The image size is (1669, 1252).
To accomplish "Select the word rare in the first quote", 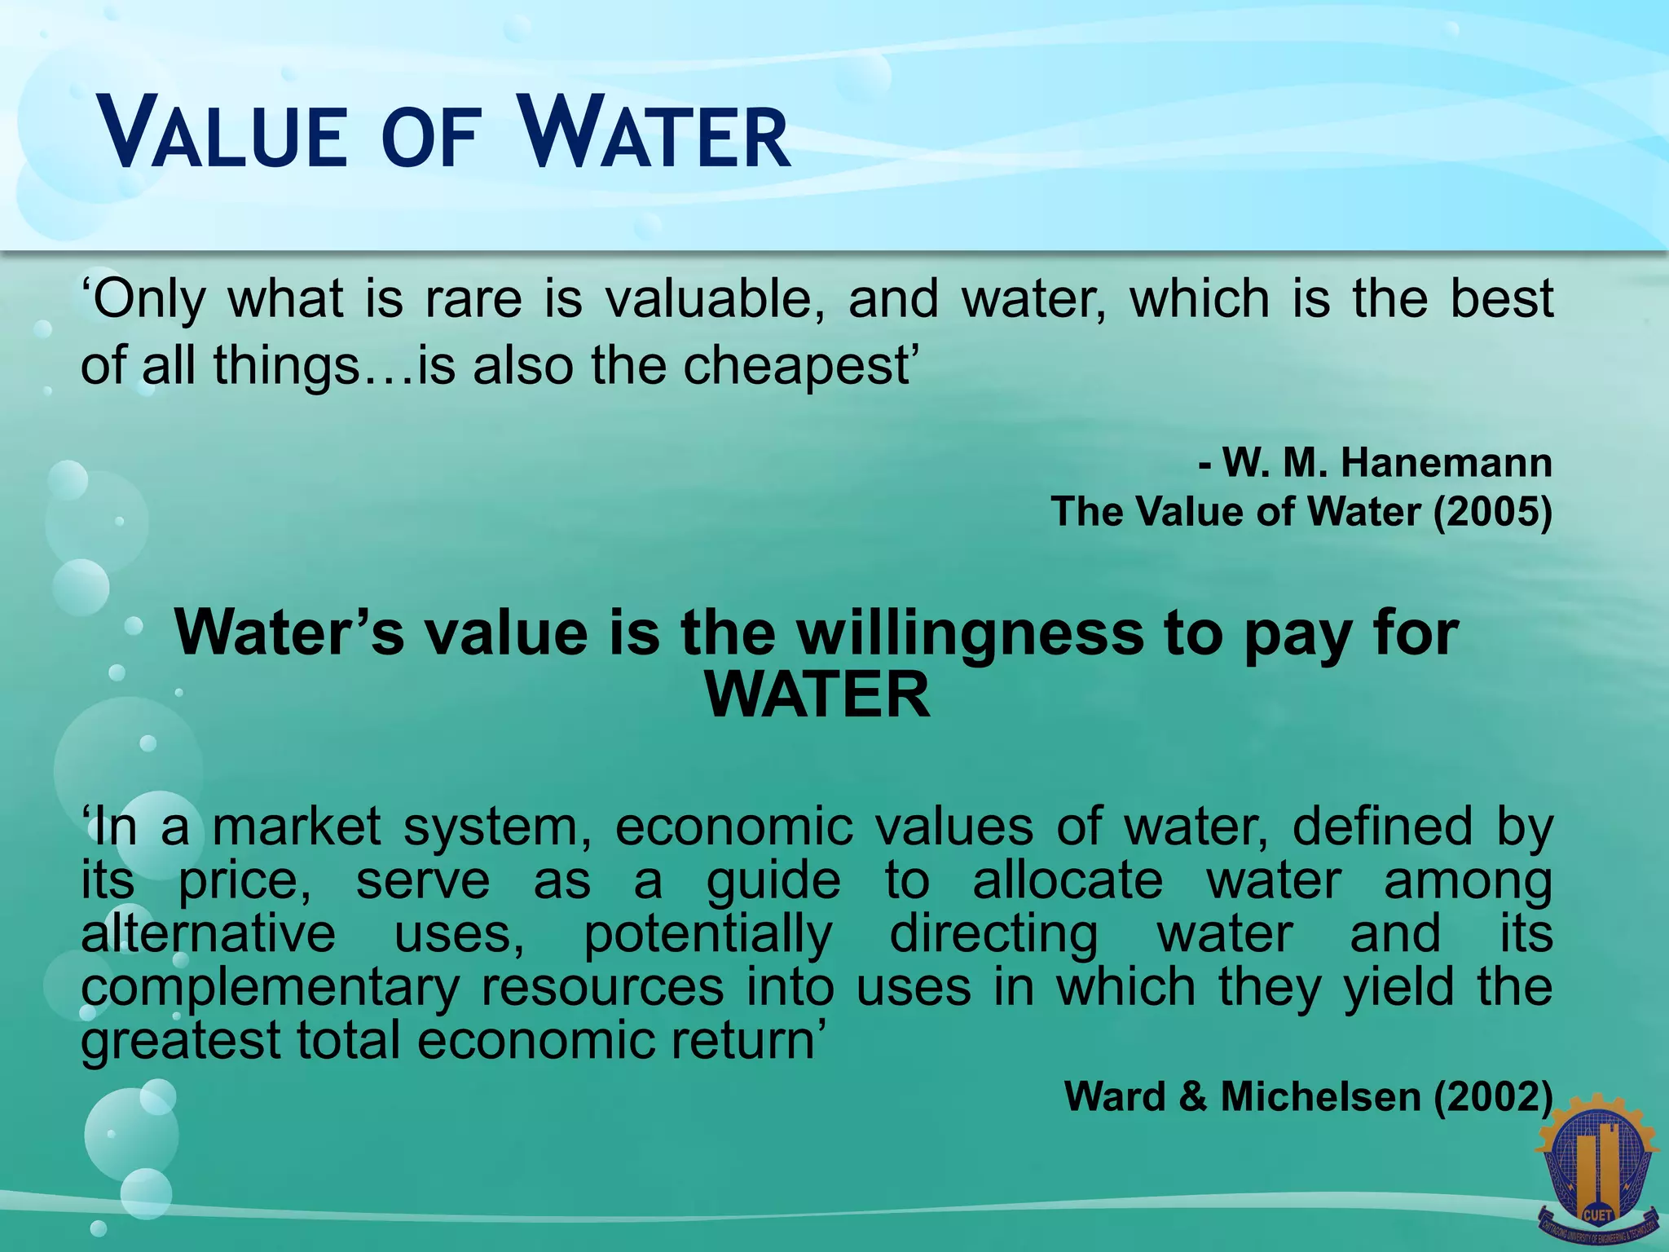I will [473, 299].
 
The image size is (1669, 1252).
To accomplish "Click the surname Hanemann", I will [1446, 462].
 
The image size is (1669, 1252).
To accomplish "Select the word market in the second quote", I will [297, 827].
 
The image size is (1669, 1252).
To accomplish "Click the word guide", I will [773, 880].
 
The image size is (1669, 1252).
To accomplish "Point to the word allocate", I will [1068, 880].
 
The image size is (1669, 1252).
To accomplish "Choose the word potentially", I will [708, 934].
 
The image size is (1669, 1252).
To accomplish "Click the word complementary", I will [270, 988].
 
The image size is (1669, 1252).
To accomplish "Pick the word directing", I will [993, 934].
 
